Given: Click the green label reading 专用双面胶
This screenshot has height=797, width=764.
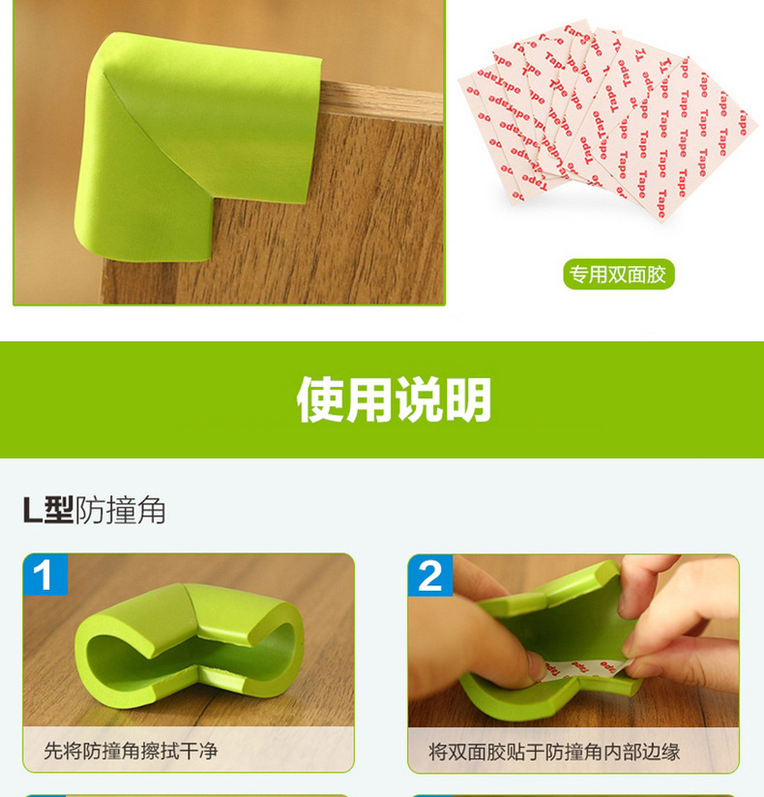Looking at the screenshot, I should pyautogui.click(x=618, y=275).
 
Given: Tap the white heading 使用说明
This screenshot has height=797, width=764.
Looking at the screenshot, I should pyautogui.click(x=394, y=399).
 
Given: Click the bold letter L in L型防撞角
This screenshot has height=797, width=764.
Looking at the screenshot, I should pyautogui.click(x=33, y=510).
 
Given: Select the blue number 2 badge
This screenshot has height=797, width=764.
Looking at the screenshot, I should pyautogui.click(x=429, y=576).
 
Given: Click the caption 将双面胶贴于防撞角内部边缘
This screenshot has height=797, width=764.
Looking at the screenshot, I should pyautogui.click(x=554, y=751).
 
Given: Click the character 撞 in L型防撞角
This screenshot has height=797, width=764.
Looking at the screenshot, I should pyautogui.click(x=121, y=510).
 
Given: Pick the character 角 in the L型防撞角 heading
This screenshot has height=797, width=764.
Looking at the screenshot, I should pyautogui.click(x=151, y=510).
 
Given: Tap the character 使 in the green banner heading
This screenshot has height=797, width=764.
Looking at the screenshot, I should pyautogui.click(x=320, y=399).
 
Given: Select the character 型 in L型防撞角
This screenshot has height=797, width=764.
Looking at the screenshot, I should pyautogui.click(x=60, y=510).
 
